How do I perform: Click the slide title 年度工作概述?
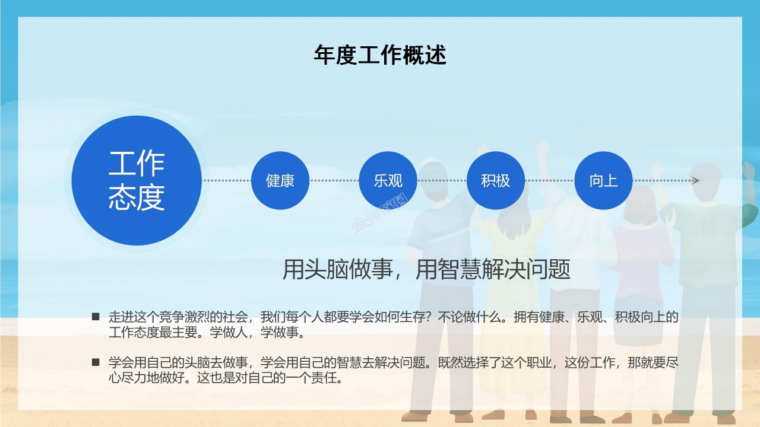coord(380,55)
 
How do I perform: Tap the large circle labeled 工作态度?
coord(137,180)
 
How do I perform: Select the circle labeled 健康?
coord(280,180)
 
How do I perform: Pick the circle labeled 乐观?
coord(388,180)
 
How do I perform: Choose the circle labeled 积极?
coord(496,180)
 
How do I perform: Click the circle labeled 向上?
coord(603,180)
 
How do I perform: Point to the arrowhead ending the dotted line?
coord(696,180)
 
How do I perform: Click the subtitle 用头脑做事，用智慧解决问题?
coord(426,270)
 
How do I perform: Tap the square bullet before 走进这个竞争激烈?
coord(96,317)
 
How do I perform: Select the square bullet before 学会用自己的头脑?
coord(96,362)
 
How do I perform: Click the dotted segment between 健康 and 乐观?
coord(334,180)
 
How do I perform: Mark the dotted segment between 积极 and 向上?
coord(549,180)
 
